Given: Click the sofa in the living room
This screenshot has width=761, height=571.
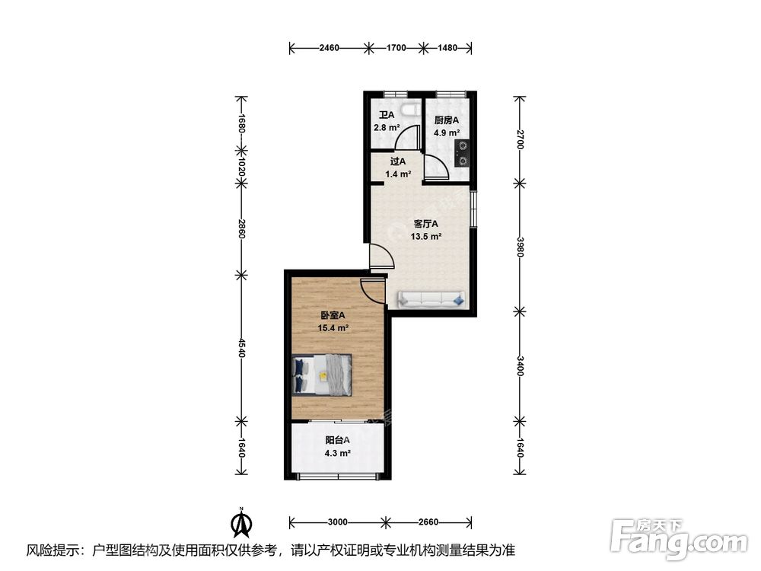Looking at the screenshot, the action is (x=431, y=299).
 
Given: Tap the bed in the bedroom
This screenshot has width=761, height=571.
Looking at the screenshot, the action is (x=322, y=375).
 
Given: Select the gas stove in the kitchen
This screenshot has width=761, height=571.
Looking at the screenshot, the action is (x=462, y=152).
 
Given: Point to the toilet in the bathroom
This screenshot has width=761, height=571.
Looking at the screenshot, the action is (x=412, y=110).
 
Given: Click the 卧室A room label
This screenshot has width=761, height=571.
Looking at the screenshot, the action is (x=333, y=315).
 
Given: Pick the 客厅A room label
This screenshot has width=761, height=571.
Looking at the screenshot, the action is (x=425, y=224).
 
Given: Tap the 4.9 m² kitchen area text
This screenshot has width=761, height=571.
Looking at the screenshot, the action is (x=447, y=132).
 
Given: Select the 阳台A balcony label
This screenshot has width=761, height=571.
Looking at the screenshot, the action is (x=337, y=440).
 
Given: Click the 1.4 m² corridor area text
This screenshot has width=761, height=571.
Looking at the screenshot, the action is (x=399, y=174).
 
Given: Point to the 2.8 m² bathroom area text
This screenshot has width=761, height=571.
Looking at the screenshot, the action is (x=387, y=128).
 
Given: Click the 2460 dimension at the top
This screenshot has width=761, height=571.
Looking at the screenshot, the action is (x=329, y=47).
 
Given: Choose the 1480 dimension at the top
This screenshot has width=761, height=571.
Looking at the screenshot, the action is (x=447, y=47).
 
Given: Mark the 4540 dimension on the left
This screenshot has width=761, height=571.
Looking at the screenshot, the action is (x=241, y=347).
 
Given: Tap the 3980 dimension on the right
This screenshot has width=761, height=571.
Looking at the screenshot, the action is (x=520, y=247).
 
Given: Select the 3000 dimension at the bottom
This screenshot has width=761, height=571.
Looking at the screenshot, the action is (x=337, y=522).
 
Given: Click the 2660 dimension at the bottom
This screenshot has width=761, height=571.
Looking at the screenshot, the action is (x=428, y=522).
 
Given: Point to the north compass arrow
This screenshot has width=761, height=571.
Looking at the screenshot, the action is (x=240, y=522).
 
